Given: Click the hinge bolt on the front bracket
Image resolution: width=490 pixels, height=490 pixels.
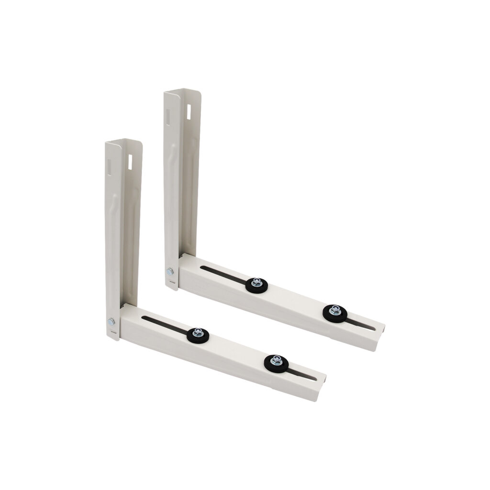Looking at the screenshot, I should pyautogui.click(x=111, y=321).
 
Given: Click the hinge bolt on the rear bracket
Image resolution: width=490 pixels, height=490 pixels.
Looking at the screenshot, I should pyautogui.click(x=170, y=272).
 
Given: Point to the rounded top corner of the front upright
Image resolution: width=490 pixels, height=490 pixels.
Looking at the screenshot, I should pyautogui.click(x=140, y=142).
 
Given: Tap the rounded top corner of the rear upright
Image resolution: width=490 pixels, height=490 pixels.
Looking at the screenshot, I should pyautogui.click(x=198, y=91).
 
